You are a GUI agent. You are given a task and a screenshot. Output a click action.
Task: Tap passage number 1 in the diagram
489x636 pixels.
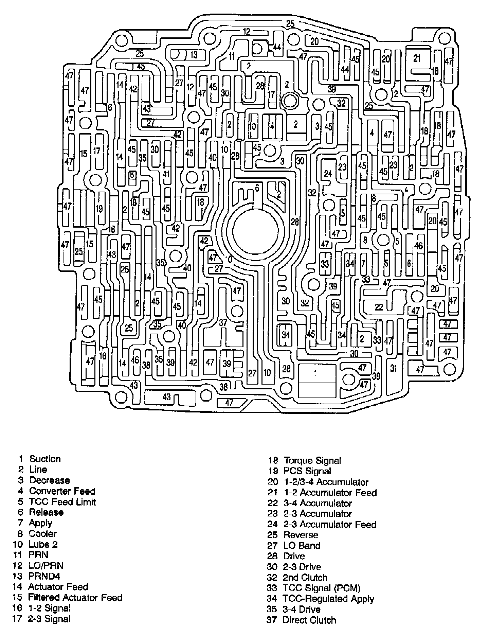[316, 373]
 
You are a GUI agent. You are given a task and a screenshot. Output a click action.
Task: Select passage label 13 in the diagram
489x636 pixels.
[194, 54]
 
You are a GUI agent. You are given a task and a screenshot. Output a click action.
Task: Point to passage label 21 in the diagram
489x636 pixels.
[417, 58]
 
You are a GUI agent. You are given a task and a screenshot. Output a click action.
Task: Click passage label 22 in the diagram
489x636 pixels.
[379, 307]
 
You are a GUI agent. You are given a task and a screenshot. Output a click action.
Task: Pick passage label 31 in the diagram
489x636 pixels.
[394, 368]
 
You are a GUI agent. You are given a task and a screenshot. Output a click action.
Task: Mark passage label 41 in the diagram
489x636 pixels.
[166, 174]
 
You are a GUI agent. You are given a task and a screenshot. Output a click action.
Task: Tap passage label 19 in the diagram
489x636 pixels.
[99, 208]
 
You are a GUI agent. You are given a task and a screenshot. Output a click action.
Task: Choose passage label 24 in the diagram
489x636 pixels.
[328, 174]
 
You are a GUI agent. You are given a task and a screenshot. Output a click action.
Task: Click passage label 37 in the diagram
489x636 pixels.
[223, 322]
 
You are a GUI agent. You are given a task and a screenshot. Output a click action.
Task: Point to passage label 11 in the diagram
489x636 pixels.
[232, 56]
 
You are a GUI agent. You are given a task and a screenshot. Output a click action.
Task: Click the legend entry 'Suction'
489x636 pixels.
[45, 459]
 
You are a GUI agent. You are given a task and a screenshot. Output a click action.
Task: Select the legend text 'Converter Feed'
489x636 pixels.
[62, 491]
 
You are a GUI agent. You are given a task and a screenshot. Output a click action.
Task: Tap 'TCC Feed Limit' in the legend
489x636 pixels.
[62, 502]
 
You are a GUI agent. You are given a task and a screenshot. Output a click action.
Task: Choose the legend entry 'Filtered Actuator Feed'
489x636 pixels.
[75, 597]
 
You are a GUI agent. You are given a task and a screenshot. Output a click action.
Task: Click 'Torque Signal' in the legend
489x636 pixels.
[312, 461]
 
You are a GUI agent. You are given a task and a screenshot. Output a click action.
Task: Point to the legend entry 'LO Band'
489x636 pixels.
[302, 546]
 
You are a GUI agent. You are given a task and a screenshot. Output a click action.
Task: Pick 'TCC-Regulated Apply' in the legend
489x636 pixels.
[328, 599]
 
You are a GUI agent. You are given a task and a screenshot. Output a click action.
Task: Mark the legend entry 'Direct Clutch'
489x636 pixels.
[309, 620]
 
